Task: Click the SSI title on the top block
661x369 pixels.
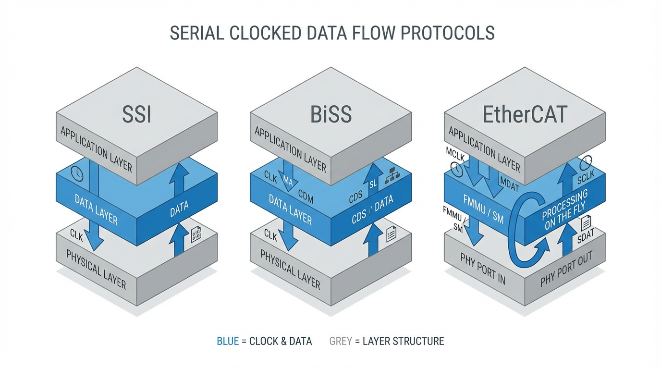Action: click(x=137, y=115)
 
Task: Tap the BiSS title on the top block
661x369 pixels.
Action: click(x=331, y=115)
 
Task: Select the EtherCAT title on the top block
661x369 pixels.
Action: click(x=525, y=115)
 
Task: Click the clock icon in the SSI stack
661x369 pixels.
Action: click(x=77, y=174)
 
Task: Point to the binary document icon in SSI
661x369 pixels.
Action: click(x=196, y=234)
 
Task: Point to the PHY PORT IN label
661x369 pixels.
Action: click(x=483, y=269)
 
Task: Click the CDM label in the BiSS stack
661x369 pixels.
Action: click(x=306, y=196)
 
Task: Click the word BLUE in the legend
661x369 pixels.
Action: click(x=228, y=341)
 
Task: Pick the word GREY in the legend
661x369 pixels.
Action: click(x=341, y=341)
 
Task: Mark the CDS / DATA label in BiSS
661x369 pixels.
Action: click(x=372, y=210)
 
